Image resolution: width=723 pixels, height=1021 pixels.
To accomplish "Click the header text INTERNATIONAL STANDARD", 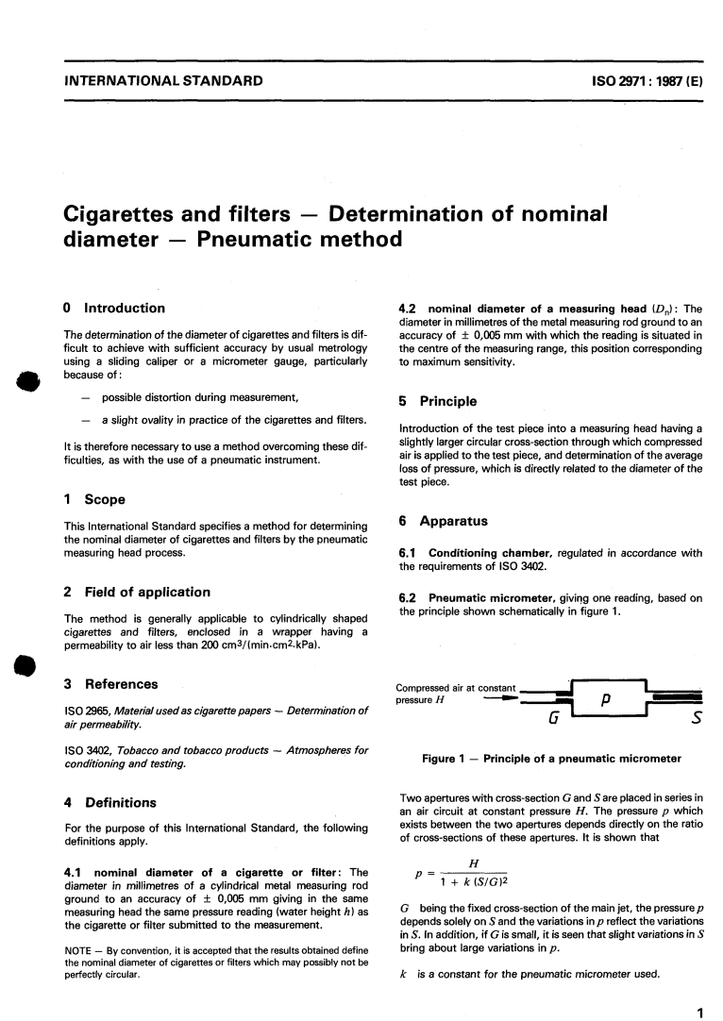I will tap(162, 81).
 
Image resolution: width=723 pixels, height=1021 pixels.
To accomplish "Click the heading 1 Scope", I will tap(92, 499).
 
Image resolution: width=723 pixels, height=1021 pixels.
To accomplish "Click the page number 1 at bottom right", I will tap(699, 988).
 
